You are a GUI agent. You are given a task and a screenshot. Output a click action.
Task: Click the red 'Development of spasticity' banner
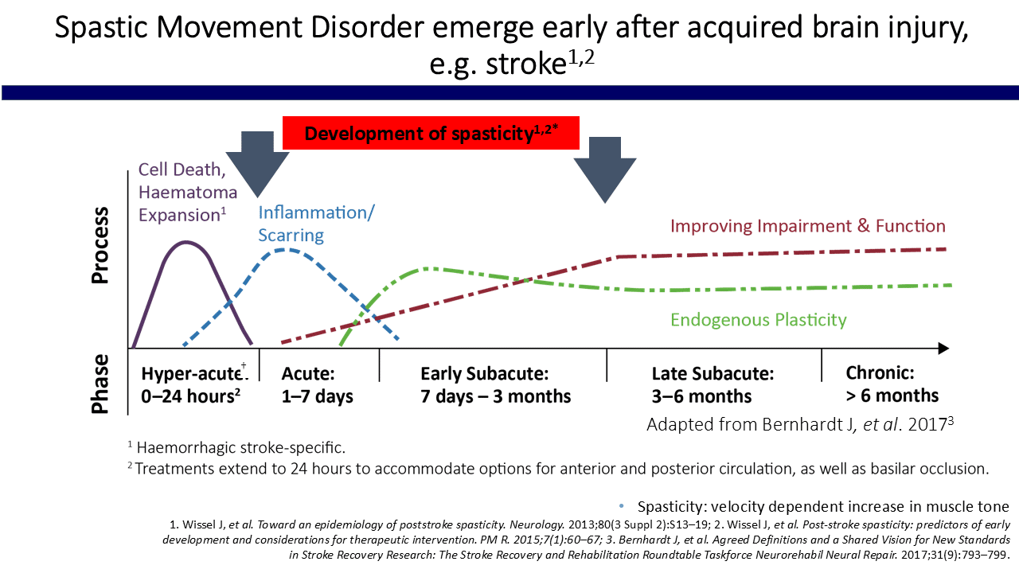click(x=430, y=133)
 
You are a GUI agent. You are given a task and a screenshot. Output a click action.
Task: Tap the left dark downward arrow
click(x=257, y=163)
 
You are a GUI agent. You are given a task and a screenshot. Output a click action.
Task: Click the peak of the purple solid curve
click(x=186, y=241)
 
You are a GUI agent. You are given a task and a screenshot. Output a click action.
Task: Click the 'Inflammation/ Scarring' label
click(x=316, y=224)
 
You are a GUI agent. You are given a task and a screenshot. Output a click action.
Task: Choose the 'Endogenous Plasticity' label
click(x=758, y=320)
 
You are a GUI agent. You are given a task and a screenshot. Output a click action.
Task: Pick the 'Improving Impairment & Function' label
click(x=807, y=226)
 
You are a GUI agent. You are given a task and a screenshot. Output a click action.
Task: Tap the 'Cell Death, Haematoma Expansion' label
click(x=188, y=192)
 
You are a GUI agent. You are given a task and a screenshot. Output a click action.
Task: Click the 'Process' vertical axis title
click(x=100, y=245)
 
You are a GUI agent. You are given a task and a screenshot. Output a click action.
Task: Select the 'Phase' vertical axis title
click(x=100, y=384)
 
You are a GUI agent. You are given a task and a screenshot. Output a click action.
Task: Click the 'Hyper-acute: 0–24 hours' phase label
click(x=191, y=384)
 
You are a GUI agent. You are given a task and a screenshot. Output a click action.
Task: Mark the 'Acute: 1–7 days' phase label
click(x=318, y=384)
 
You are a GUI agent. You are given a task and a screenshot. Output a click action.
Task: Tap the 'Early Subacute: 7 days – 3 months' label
click(x=496, y=384)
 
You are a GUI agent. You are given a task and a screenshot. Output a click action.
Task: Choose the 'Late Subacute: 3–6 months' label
click(x=713, y=384)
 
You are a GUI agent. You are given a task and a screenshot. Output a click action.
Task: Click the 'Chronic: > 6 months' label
click(x=892, y=384)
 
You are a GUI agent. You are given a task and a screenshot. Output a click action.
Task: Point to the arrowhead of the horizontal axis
click(x=943, y=349)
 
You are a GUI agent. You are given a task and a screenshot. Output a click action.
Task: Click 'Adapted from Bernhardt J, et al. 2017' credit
click(x=800, y=423)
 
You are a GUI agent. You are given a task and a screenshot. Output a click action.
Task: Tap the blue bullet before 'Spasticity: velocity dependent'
click(x=621, y=506)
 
